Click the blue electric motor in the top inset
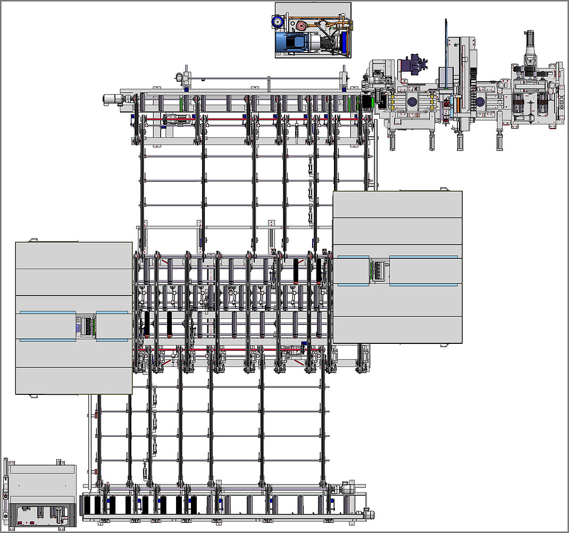[x=292, y=43]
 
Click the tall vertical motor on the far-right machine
[x=530, y=48]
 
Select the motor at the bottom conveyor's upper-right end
[x=349, y=488]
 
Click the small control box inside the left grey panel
[x=85, y=326]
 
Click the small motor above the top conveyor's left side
[x=186, y=78]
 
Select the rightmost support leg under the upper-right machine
[x=499, y=141]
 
